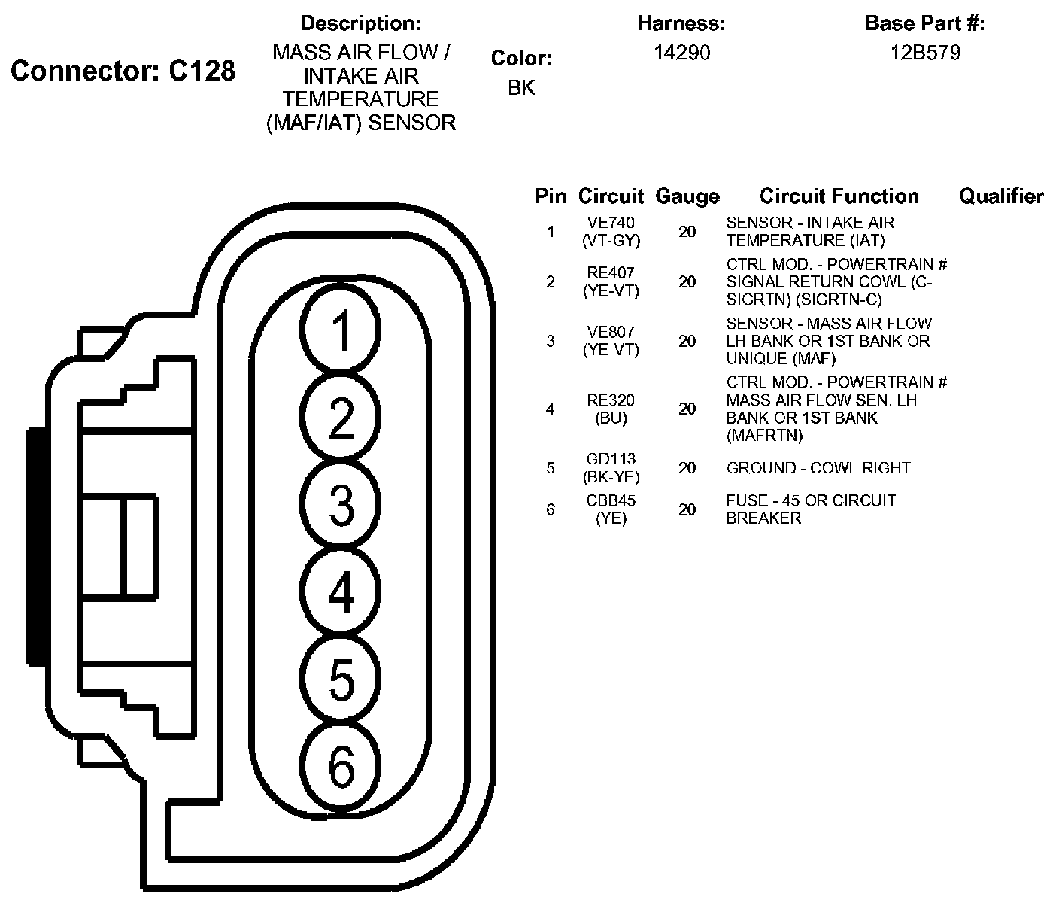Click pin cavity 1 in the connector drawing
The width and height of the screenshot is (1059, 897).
point(340,329)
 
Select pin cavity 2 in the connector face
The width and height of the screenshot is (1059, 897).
point(340,416)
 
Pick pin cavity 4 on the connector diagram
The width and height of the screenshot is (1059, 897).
point(340,591)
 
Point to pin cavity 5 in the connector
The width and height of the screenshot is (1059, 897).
point(340,678)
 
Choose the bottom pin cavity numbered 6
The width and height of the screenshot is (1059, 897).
point(340,765)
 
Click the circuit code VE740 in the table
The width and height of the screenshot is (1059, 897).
point(611,223)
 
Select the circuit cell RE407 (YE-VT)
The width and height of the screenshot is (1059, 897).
point(611,281)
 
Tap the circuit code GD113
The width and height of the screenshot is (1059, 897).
point(611,459)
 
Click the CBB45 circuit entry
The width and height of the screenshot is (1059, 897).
point(611,500)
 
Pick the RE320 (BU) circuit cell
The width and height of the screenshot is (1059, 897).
point(611,409)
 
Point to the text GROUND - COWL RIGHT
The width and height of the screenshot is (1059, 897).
point(818,468)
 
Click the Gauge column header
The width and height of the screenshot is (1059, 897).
point(687,196)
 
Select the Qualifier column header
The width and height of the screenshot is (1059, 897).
point(1001,196)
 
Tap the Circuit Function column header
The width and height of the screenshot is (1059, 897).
point(839,196)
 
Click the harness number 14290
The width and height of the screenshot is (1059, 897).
point(682,53)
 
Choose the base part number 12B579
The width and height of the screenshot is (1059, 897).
point(925,53)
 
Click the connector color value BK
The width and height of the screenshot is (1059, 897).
point(521,87)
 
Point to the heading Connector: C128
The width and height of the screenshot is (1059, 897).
point(123,71)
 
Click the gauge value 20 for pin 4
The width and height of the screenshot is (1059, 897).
point(687,409)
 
